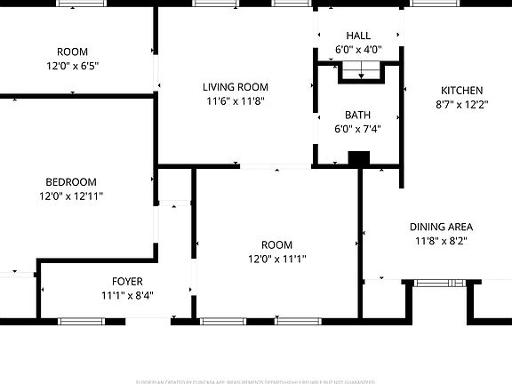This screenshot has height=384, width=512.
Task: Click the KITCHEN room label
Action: click(462, 91)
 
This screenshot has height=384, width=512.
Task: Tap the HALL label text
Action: click(359, 36)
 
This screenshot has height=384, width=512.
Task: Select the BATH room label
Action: click(359, 116)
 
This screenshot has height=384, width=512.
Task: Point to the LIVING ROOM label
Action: click(235, 87)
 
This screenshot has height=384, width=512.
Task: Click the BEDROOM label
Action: click(71, 182)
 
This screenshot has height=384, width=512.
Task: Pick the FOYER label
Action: click(127, 282)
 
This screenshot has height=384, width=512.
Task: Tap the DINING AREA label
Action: click(441, 227)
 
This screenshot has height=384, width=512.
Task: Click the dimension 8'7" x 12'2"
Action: click(462, 104)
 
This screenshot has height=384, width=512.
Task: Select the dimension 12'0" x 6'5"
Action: click(72, 66)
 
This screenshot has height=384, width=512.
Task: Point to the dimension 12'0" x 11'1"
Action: click(276, 259)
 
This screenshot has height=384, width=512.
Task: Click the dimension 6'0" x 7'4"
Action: click(359, 130)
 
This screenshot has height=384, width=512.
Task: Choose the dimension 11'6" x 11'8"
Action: click(235, 101)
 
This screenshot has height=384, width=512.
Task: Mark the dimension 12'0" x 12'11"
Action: click(71, 196)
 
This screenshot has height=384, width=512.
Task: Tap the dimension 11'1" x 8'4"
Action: click(127, 295)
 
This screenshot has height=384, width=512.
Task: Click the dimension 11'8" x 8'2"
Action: click(441, 241)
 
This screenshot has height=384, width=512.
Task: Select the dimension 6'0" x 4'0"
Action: click(359, 50)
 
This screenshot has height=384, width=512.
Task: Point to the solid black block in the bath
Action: click(358, 159)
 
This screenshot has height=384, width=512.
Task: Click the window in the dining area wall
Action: click(434, 284)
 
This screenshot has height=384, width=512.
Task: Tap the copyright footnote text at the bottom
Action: click(256, 380)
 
